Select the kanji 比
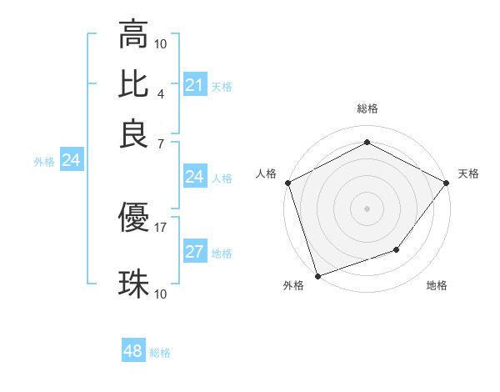coord(133,83)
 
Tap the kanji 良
coord(133,133)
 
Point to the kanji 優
coord(133,219)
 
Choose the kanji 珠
coord(133,284)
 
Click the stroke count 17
coord(160,227)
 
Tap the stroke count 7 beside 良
coord(160,143)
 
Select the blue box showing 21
coord(194,85)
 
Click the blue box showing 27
coord(194,253)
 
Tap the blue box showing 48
coord(132,352)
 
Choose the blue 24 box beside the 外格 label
coord(71,161)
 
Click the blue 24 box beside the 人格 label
coord(194,177)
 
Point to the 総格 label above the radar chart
coord(367,108)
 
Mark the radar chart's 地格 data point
coord(397,249)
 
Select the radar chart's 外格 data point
coord(317,275)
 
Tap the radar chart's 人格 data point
coord(287,183)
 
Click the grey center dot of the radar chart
coord(367,208)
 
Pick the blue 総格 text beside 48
coord(160,353)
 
